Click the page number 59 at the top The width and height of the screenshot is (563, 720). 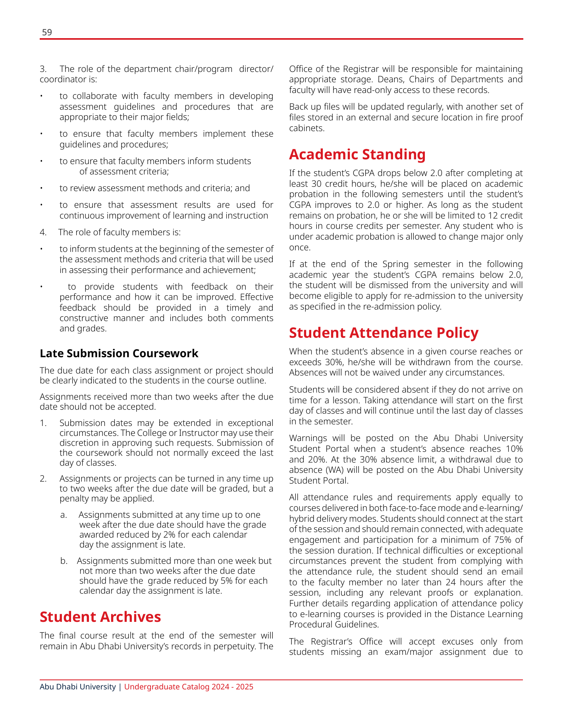47,33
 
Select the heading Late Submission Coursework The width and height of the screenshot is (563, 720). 119,353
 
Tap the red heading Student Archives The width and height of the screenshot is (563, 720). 100,617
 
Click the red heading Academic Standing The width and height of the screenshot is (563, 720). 357,154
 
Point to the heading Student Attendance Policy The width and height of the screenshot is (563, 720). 384,333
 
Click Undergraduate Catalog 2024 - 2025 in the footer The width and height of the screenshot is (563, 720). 189,687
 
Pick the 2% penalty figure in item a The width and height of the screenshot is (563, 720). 169,534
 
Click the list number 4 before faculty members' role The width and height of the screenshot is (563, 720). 43,232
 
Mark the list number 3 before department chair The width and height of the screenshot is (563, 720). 43,69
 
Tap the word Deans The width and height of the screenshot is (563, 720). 391,79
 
